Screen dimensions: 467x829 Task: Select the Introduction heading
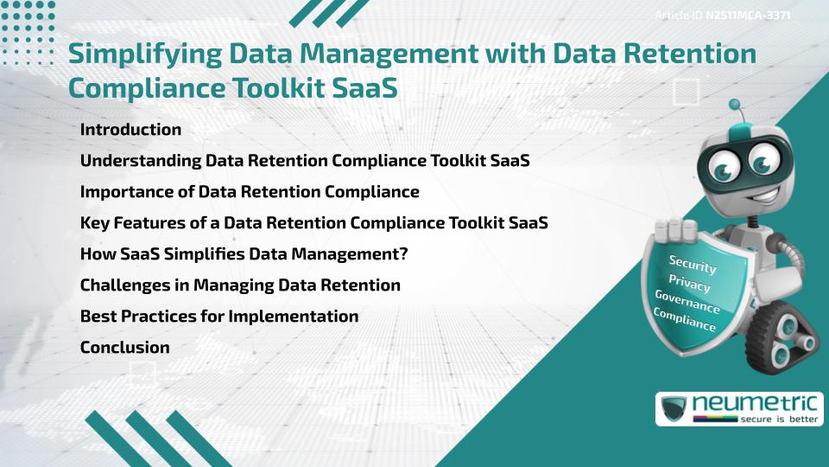tap(130, 130)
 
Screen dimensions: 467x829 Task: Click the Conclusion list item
tap(124, 348)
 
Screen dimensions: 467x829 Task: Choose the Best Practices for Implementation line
tap(218, 317)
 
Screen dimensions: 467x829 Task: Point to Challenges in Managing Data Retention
tap(240, 285)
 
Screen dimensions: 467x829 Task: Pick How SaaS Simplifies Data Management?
tap(244, 254)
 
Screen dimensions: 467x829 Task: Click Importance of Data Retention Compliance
tap(250, 192)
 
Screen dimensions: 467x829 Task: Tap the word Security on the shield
tap(693, 264)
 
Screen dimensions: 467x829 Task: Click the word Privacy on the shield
tap(690, 283)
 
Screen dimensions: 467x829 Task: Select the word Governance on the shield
tap(687, 302)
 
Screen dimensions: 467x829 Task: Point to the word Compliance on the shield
tap(685, 321)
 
